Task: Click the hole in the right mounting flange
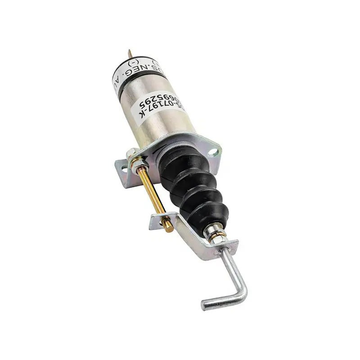coord(213,153)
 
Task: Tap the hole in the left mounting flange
coord(121,167)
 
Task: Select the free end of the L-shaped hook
coord(205,306)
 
